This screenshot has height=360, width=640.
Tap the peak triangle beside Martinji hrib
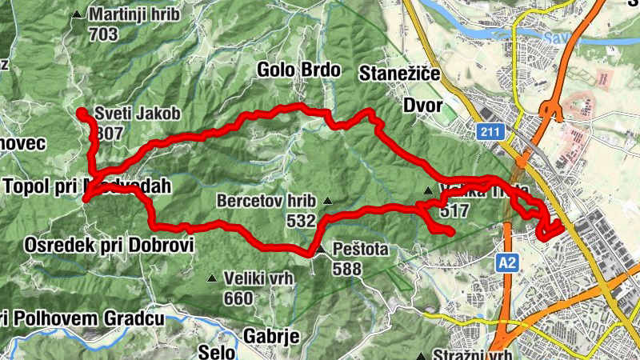pyautogui.click(x=77, y=14)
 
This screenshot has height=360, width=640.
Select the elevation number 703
pyautogui.click(x=104, y=34)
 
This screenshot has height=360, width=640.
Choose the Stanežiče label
pyautogui.click(x=401, y=74)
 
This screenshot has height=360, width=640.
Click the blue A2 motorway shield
pyautogui.click(x=506, y=262)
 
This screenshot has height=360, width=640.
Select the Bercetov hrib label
pyautogui.click(x=266, y=201)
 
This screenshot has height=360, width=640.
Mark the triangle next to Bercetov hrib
pyautogui.click(x=327, y=201)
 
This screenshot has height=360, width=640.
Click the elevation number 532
pyautogui.click(x=301, y=220)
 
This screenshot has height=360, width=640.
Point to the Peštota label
pyautogui.click(x=362, y=250)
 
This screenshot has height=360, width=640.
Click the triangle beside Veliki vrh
pyautogui.click(x=212, y=279)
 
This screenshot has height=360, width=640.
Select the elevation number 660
pyautogui.click(x=238, y=298)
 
